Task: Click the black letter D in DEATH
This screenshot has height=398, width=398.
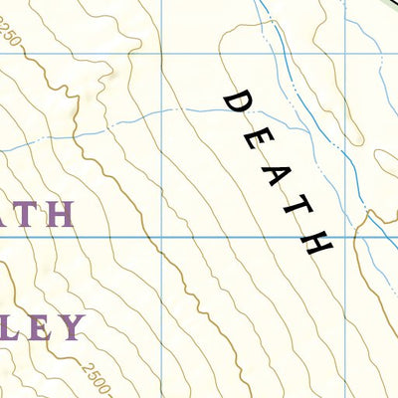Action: pyautogui.click(x=237, y=100)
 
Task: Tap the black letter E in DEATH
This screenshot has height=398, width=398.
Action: pyautogui.click(x=256, y=135)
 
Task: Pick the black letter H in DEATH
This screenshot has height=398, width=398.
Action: pyautogui.click(x=317, y=242)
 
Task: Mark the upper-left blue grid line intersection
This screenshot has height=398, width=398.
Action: pyautogui.click(x=158, y=53)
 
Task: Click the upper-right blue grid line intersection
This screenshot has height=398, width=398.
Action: pyautogui.click(x=345, y=53)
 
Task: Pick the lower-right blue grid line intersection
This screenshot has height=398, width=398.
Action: pyautogui.click(x=347, y=237)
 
